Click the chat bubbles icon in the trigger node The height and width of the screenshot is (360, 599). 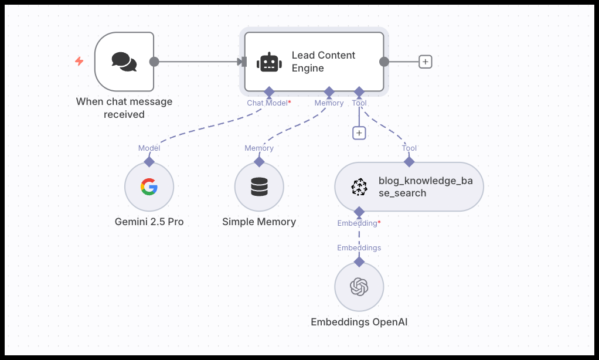[124, 62]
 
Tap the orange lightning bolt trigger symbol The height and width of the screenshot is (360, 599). [79, 61]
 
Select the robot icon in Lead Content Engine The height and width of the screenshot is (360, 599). [269, 62]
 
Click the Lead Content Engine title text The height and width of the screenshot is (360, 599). [324, 62]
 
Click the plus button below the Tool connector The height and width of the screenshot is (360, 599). [359, 133]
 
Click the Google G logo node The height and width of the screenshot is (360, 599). [149, 188]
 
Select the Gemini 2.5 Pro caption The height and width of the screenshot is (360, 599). [149, 222]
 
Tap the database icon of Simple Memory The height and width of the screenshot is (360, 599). [259, 188]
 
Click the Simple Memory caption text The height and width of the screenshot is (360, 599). [259, 222]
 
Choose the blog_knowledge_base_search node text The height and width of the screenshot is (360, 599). [425, 186]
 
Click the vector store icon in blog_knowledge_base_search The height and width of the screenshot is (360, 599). [359, 187]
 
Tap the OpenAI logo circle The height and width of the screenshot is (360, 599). [359, 287]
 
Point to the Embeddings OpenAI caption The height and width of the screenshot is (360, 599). [359, 322]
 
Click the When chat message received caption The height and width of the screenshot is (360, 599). [124, 108]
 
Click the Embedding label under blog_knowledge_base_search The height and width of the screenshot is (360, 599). [358, 223]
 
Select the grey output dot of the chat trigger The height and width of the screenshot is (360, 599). [154, 62]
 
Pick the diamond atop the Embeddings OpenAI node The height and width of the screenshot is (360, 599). [359, 261]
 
